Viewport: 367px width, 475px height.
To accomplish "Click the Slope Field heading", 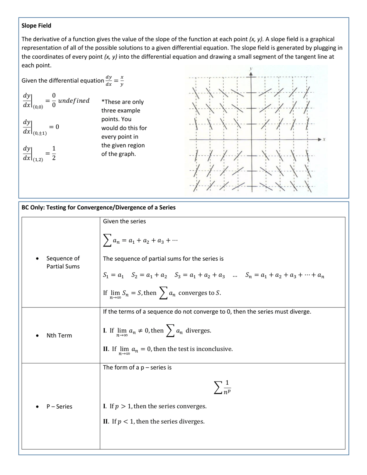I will (36, 26).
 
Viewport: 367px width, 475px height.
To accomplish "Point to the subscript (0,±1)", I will (40, 133).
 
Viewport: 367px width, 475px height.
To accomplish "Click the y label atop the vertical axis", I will (251, 69).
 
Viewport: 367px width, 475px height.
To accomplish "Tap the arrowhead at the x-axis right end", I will (319, 139).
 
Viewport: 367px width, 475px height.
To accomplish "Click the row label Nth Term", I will (59, 335).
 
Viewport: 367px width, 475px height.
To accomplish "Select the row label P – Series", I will (59, 406).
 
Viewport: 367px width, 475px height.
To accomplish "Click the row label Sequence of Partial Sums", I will (63, 262).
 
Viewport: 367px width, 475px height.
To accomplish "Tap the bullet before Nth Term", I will (37, 336).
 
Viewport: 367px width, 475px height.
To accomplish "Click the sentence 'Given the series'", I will (124, 221).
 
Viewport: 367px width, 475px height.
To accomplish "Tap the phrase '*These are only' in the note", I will (122, 102).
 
